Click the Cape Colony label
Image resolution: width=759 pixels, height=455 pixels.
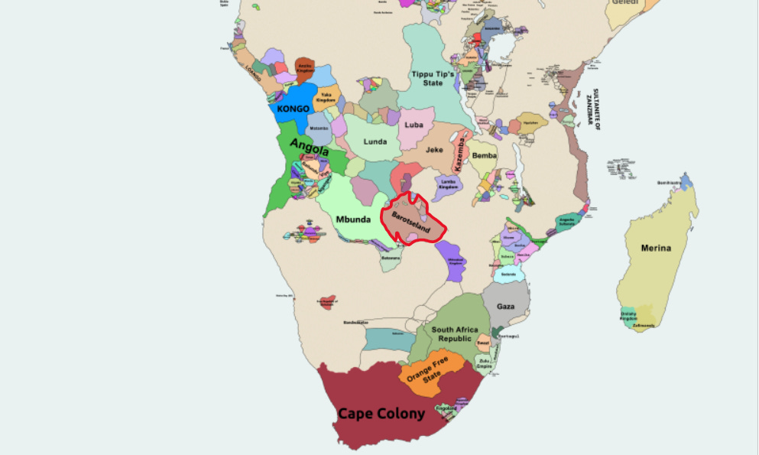pos(381,414)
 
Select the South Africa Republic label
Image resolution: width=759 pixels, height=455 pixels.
pos(455,334)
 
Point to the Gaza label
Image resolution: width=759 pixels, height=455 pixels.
pos(505,307)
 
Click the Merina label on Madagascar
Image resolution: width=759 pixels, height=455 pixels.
pos(656,248)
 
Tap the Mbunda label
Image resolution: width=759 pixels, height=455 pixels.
pos(353,220)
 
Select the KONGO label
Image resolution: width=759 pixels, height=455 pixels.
pos(294,109)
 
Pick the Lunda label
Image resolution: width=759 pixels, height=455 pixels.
pos(375,141)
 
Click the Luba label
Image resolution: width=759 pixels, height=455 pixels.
pos(414,125)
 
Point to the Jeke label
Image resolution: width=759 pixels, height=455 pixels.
pos(434,150)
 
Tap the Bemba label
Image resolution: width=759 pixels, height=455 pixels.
pos(484,155)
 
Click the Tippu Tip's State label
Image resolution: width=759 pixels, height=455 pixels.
pos(433,78)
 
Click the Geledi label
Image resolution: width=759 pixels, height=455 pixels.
pos(624,4)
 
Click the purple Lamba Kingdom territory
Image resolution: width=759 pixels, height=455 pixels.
pos(449,184)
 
